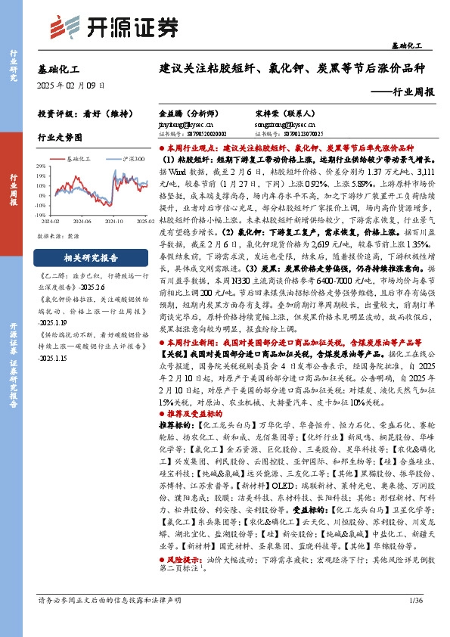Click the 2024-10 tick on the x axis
click(116, 222)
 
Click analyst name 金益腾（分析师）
click(185, 110)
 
